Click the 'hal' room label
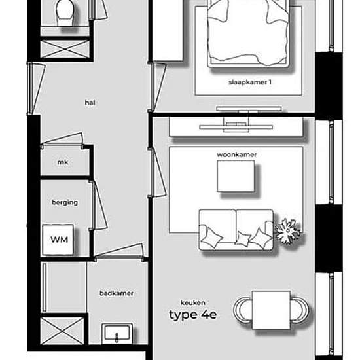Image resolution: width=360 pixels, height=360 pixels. click(90, 103)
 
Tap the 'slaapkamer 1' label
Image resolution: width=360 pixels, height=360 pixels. click(250, 82)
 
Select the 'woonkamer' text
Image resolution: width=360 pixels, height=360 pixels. click(236, 154)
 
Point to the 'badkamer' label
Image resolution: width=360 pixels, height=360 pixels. click(117, 293)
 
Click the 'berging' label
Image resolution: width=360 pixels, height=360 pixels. click(65, 202)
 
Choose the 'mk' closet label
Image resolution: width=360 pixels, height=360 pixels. click(63, 162)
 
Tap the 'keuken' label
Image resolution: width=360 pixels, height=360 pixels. click(193, 302)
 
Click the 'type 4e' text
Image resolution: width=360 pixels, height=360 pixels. click(193, 314)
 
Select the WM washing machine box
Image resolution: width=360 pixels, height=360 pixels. click(58, 240)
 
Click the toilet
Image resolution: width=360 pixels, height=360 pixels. click(65, 12)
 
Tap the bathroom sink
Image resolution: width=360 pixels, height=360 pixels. click(117, 334)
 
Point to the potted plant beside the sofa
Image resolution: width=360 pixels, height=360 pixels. click(287, 231)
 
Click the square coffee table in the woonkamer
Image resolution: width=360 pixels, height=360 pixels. click(236, 176)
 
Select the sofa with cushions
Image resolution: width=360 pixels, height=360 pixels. click(236, 230)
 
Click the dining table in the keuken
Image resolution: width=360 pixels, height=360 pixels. click(271, 310)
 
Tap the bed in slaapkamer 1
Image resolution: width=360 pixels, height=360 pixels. click(248, 33)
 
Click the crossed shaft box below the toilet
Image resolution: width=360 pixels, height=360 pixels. click(65, 49)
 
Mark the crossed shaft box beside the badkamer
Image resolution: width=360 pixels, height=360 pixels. click(62, 331)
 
